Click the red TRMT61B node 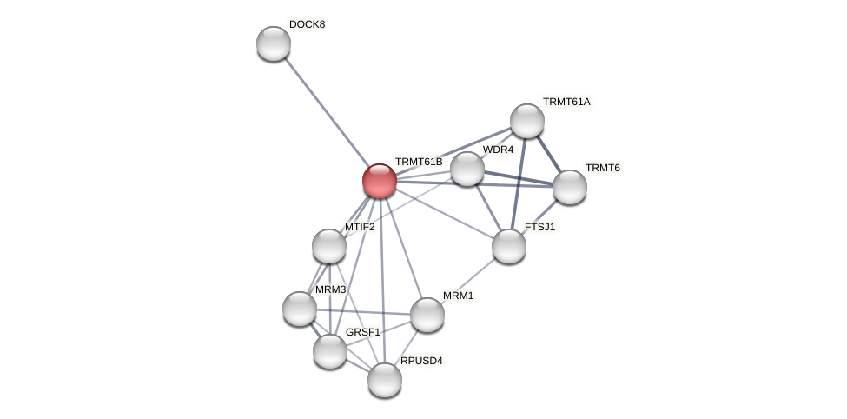point(380,181)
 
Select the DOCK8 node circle point(274,43)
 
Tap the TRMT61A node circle point(527,121)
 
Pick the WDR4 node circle point(467,169)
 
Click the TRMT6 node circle point(570,187)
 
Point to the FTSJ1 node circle point(509,246)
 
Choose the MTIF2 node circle point(329,246)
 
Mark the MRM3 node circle point(300,309)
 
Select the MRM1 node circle point(427,315)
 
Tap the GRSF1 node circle point(330,351)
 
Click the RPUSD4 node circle point(385,380)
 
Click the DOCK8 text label point(307,24)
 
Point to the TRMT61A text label point(566,102)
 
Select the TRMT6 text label point(602,168)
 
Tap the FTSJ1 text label point(539,227)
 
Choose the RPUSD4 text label point(425,361)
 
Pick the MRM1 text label point(458,296)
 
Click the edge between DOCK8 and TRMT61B point(327,112)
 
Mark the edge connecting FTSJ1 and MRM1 point(468,280)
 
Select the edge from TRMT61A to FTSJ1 point(519,183)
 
